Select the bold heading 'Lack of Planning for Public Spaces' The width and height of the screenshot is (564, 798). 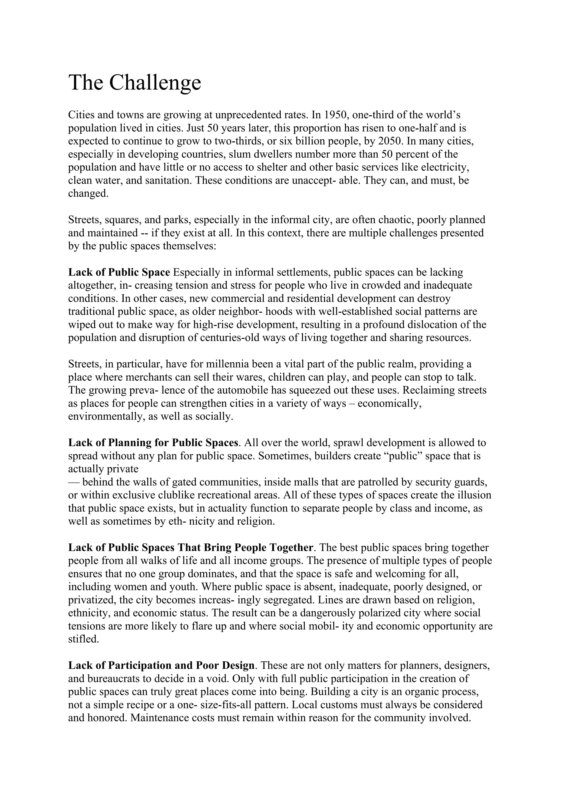pos(153,443)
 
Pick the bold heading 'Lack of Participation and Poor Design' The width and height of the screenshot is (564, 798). pos(161,665)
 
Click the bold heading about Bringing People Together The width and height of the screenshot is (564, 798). pos(191,548)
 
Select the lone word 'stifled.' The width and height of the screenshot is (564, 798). pos(83,639)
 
